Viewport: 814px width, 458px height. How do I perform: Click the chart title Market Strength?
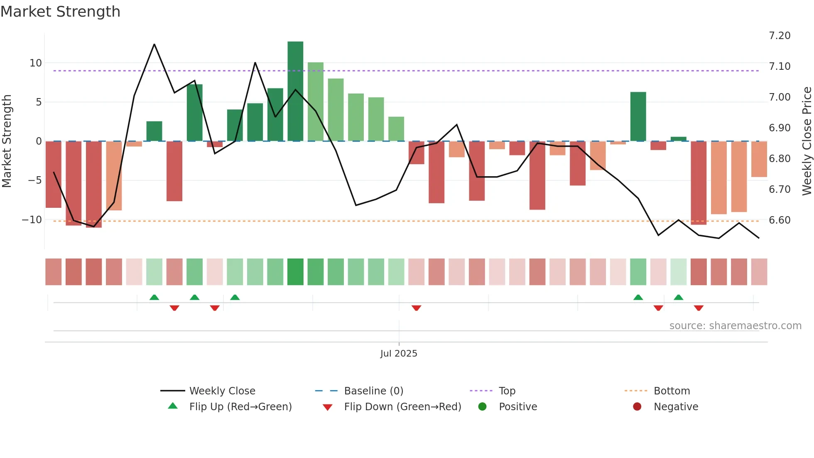[x=60, y=12]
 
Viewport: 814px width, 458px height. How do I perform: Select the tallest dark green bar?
[x=295, y=91]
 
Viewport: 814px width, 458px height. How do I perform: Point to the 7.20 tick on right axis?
[x=779, y=36]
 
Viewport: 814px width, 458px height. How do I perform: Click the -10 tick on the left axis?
[x=32, y=219]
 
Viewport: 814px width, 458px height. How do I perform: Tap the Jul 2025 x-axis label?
[x=399, y=354]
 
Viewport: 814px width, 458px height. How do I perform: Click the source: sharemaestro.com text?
[x=735, y=326]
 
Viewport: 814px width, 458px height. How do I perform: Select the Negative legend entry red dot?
[x=637, y=407]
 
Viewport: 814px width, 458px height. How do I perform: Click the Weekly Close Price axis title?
[x=807, y=141]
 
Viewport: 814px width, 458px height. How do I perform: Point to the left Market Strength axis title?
[x=7, y=141]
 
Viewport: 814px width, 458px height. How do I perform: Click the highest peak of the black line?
[x=154, y=44]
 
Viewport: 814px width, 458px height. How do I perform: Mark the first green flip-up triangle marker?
[x=154, y=297]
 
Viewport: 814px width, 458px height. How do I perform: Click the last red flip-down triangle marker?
[x=699, y=308]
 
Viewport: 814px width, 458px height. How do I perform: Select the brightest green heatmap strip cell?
[x=295, y=272]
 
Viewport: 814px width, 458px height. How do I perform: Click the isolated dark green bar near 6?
[x=638, y=116]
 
